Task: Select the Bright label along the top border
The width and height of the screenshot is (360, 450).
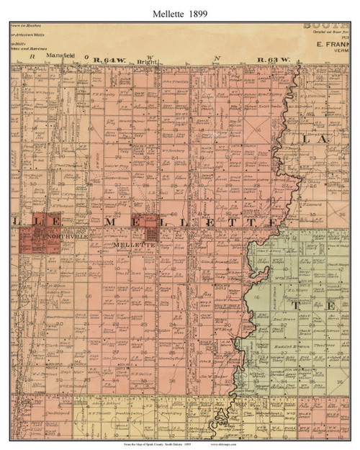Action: click(x=147, y=62)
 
